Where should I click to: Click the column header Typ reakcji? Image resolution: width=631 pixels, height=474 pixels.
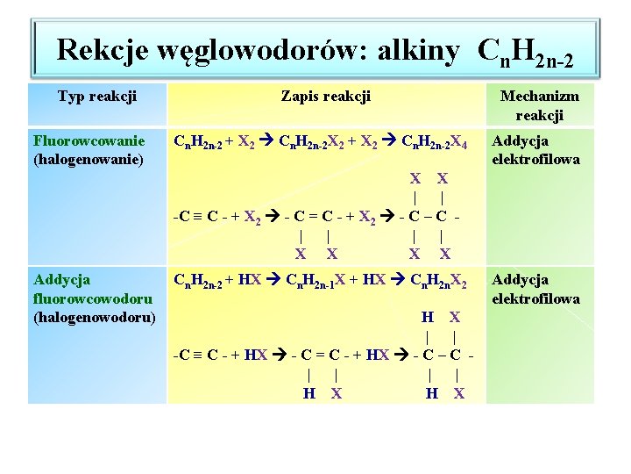pos(96,95)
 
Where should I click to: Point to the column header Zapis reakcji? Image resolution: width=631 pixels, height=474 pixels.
pos(326,95)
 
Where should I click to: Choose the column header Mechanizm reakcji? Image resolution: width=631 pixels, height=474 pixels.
pos(539,105)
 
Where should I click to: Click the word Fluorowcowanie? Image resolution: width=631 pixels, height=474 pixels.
pos(89,140)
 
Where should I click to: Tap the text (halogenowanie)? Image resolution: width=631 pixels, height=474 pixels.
pos(88,159)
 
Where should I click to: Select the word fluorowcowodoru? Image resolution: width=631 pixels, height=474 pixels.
pos(92,298)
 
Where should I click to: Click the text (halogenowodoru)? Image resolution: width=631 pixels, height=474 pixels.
pos(93,317)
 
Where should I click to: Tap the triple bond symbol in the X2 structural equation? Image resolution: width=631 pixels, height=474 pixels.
pos(198,214)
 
